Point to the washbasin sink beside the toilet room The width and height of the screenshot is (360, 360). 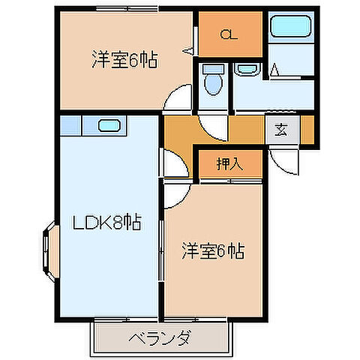246,70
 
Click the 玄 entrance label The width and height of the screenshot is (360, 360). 280,130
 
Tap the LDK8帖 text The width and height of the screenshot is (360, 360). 106,223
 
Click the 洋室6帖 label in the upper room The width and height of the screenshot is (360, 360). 124,59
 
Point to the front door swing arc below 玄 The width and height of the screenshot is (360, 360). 285,159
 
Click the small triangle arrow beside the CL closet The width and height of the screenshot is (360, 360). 189,50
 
